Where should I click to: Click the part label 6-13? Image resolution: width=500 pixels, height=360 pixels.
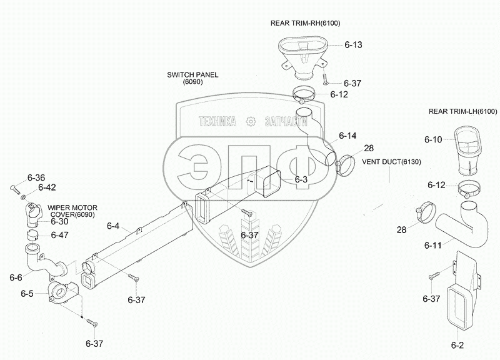[353, 45]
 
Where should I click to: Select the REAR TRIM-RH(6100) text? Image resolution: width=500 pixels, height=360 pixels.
[306, 23]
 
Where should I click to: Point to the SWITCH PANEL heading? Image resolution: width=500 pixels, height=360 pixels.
[192, 74]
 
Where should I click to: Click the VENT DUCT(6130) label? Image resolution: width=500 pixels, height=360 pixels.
[392, 162]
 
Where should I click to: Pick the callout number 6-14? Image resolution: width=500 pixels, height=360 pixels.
[347, 136]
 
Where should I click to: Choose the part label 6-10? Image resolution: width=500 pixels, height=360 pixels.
[433, 139]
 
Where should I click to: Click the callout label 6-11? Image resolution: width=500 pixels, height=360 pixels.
[433, 245]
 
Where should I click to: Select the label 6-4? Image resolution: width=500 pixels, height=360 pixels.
[112, 226]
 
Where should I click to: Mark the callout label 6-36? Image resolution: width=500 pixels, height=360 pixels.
[36, 177]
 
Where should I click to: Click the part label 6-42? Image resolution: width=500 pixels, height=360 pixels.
[47, 187]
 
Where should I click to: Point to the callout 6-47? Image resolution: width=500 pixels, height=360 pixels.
[60, 235]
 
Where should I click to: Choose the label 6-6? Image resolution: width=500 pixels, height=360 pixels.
[16, 276]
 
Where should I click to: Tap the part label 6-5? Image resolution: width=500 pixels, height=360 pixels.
[27, 294]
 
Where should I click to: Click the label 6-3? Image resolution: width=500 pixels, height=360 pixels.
[301, 180]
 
